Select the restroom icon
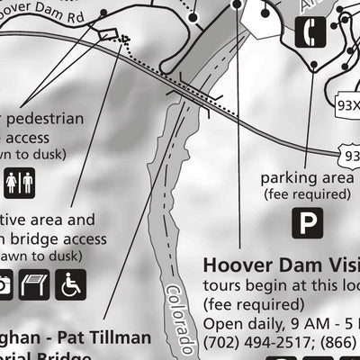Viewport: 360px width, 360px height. (19, 184)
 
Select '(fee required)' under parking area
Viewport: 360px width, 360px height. (307, 193)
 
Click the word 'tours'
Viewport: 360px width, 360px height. (223, 285)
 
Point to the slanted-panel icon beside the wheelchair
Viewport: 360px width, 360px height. (33, 285)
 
